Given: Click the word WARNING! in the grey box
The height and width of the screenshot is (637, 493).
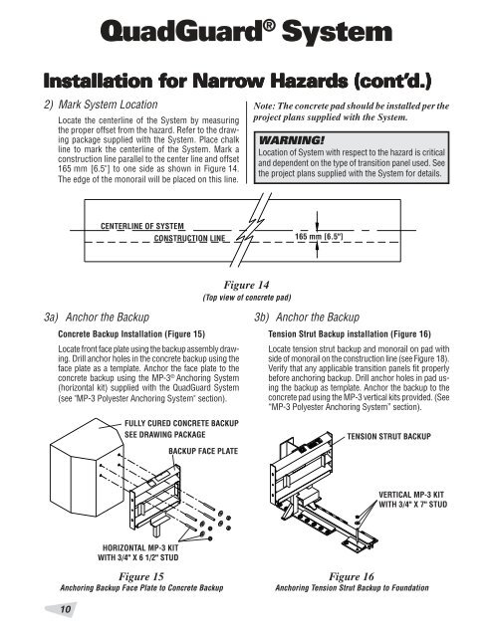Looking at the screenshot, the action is [x=292, y=140].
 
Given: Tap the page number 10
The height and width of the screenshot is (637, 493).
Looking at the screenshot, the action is [x=65, y=609].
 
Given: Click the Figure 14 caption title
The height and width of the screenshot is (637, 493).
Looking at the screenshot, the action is [x=246, y=285].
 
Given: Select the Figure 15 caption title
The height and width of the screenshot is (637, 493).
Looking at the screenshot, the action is [x=141, y=576].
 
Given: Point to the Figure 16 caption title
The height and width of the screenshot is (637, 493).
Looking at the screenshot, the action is [x=352, y=576].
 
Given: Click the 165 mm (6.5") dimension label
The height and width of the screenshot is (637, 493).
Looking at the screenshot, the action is [x=319, y=237].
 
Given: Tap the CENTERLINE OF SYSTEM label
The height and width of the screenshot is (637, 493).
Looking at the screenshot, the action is [x=142, y=226].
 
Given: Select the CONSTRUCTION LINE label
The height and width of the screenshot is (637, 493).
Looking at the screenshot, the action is [x=189, y=239].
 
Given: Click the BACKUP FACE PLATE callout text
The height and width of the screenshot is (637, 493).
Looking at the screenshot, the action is [x=203, y=451].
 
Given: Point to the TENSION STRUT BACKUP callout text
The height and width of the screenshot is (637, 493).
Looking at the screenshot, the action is [x=389, y=436].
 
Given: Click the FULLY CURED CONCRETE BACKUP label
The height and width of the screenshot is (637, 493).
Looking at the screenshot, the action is [x=181, y=423].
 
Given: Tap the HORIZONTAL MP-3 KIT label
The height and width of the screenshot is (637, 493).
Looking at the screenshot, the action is [x=140, y=547].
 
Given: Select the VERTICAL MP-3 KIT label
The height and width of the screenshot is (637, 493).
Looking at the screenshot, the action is [x=411, y=495].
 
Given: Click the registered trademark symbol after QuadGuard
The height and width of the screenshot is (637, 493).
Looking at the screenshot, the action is [x=269, y=25].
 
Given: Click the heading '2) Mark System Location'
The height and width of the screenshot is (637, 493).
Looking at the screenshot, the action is [x=101, y=105].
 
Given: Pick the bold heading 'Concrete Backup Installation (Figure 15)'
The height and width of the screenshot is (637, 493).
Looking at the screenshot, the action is [x=131, y=334].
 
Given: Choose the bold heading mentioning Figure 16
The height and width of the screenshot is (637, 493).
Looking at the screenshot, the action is [x=350, y=334].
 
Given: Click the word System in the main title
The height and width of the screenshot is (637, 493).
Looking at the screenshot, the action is [x=337, y=32].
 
